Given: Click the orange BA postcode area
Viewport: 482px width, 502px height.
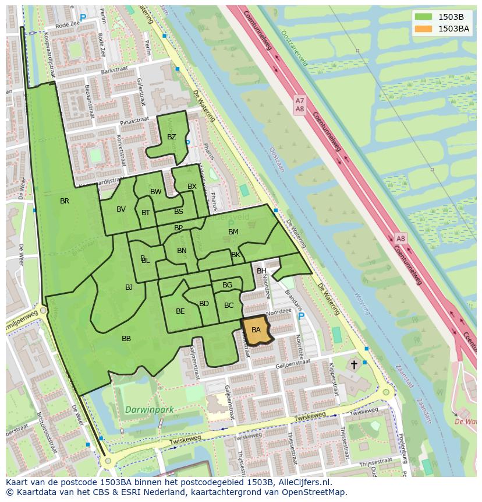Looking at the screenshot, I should [x=257, y=331].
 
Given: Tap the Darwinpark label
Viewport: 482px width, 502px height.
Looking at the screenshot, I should [x=149, y=410].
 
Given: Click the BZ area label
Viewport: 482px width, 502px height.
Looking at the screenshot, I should [x=171, y=138].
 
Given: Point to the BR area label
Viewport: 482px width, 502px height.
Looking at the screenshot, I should [x=65, y=201].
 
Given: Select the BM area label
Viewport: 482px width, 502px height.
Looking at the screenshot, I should [x=233, y=232].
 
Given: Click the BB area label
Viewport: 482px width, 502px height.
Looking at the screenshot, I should [x=126, y=339].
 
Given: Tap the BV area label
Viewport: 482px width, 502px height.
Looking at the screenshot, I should [x=121, y=209].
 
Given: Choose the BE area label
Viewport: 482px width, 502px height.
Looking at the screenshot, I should [x=180, y=311].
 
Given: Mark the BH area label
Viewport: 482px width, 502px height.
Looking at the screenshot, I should [x=261, y=271].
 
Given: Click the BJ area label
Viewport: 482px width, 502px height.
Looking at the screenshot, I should [x=129, y=287].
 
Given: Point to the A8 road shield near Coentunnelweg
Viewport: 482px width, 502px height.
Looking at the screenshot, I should [x=401, y=238].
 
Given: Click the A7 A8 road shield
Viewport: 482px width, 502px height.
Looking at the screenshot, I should [x=300, y=105].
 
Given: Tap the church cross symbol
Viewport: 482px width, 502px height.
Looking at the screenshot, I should [x=354, y=365].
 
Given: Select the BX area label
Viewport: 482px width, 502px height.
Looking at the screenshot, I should [x=192, y=187].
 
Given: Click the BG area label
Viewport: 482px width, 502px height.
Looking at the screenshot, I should [x=227, y=285].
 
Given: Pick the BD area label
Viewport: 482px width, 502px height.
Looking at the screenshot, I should [x=204, y=304].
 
